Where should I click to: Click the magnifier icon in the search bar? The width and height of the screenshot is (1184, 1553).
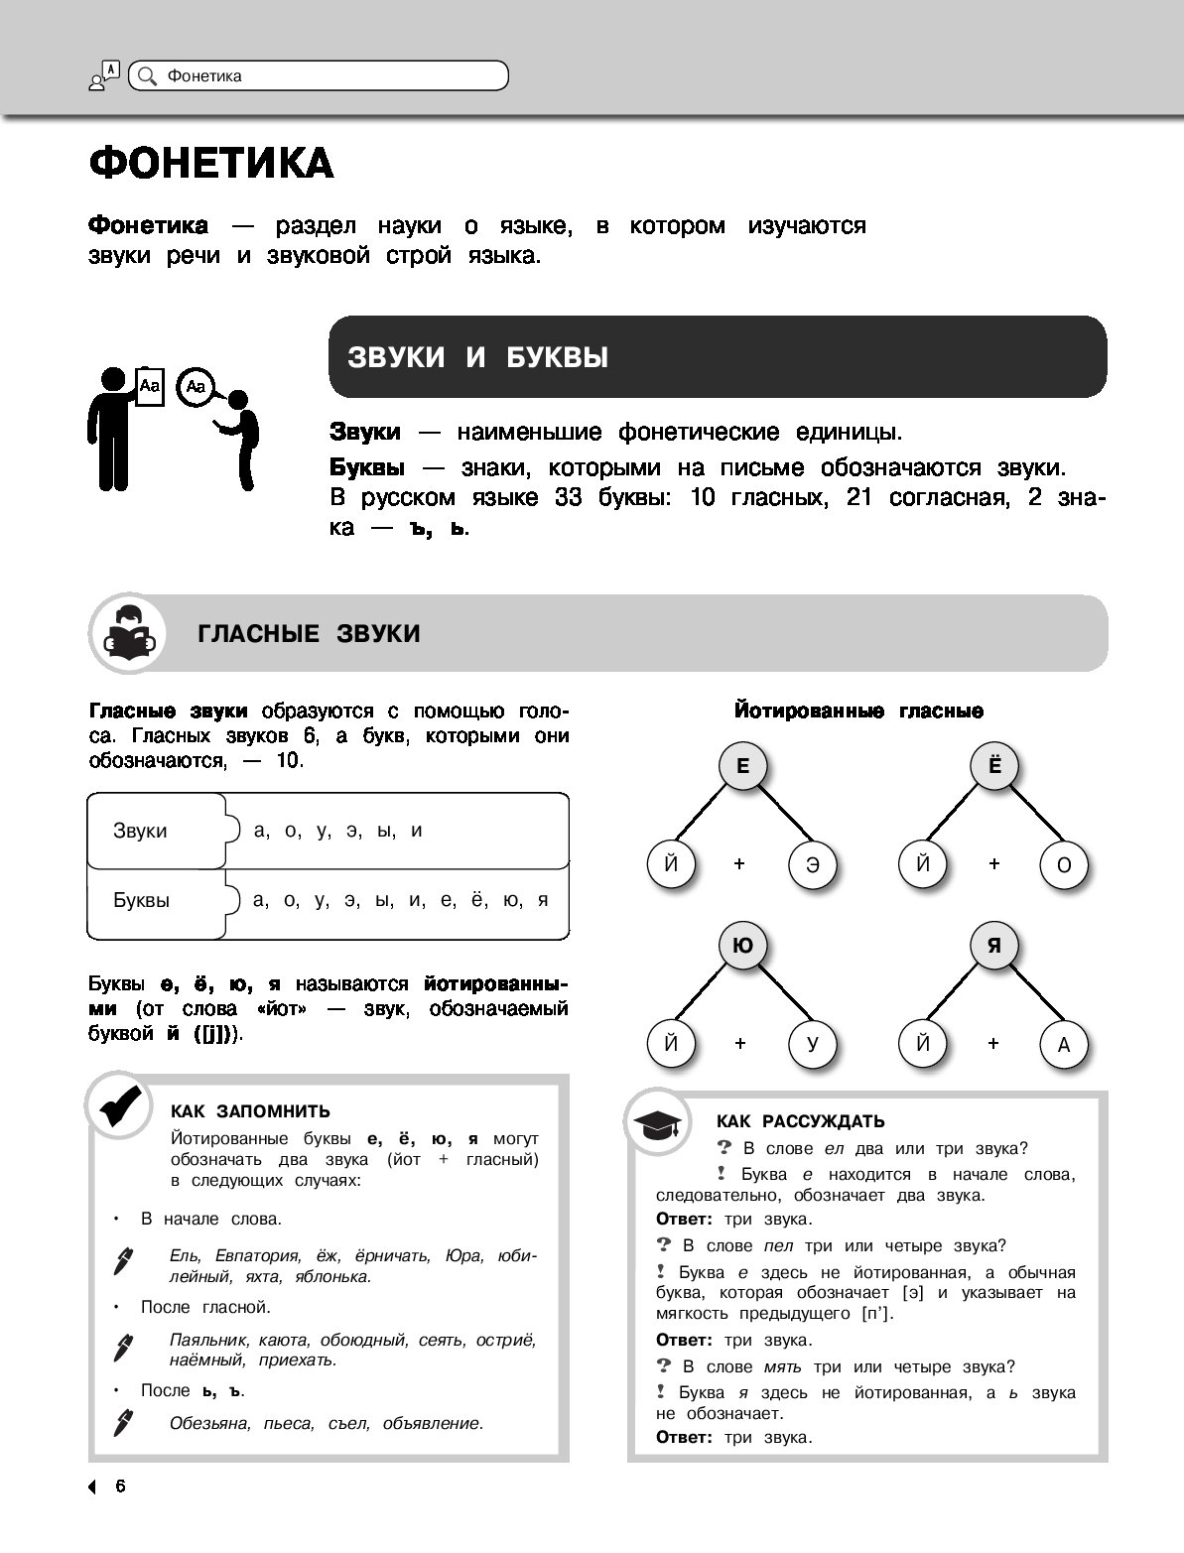(147, 75)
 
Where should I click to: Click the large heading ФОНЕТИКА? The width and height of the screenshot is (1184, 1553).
(211, 164)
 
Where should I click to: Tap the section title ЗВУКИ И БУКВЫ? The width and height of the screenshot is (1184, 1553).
(477, 357)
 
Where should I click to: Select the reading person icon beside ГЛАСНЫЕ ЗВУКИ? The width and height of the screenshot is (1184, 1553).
(129, 634)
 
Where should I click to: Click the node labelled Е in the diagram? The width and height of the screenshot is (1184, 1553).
(743, 767)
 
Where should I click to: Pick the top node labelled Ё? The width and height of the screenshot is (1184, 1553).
(995, 767)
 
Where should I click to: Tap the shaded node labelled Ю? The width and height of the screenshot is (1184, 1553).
(742, 947)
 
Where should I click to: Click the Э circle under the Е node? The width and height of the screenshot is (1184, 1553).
(813, 864)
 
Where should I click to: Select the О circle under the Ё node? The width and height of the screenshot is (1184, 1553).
(1064, 864)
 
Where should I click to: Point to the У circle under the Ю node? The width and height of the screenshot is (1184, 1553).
(813, 1044)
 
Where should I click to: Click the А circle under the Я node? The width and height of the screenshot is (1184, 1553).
(1064, 1044)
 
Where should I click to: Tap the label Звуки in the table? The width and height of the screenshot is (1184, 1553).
(140, 832)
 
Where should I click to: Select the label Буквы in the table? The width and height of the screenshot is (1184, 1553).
(141, 901)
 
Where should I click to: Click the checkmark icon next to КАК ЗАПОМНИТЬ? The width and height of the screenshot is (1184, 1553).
(120, 1105)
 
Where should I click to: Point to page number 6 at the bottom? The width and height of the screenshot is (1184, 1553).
(120, 1487)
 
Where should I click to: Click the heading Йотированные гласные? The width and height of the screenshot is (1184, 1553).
(858, 712)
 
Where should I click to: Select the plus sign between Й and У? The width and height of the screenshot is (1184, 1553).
(740, 1043)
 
